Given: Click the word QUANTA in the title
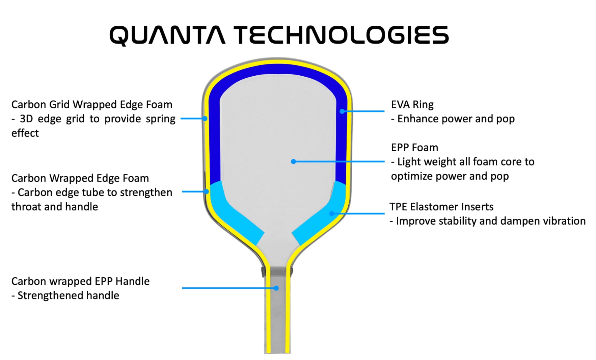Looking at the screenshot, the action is point(167,35).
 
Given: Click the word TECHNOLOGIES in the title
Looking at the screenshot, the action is point(341,35).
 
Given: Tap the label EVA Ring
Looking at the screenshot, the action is point(412,105).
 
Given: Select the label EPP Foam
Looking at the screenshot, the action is point(414,148).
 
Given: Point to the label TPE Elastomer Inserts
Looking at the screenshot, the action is point(441,207).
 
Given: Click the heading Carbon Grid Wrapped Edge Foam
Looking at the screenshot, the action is point(92,105).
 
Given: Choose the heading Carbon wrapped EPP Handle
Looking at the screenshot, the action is point(80,281).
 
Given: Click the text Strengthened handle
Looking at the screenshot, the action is point(68,295).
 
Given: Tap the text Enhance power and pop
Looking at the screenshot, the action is point(456,119).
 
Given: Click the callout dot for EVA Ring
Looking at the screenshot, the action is point(342,111).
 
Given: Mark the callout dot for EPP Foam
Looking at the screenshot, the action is point(294,162).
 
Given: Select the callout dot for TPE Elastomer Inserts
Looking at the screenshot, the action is point(332,213).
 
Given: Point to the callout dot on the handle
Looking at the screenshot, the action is point(276,288).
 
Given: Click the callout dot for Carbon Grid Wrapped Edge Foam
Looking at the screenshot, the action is point(205,119).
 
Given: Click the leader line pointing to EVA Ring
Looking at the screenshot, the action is point(364,111).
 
